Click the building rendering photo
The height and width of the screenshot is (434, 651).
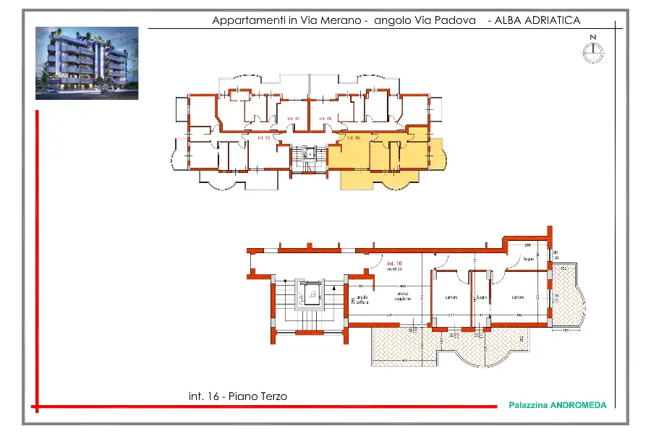87,63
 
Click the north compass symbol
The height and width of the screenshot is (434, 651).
592,49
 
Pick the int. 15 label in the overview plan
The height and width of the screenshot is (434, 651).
325,118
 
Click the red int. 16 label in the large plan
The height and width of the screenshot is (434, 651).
394,263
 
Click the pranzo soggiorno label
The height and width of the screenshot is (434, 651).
402,296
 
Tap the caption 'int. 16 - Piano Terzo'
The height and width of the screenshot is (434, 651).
237,396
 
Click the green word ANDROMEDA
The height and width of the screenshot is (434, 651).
578,406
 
